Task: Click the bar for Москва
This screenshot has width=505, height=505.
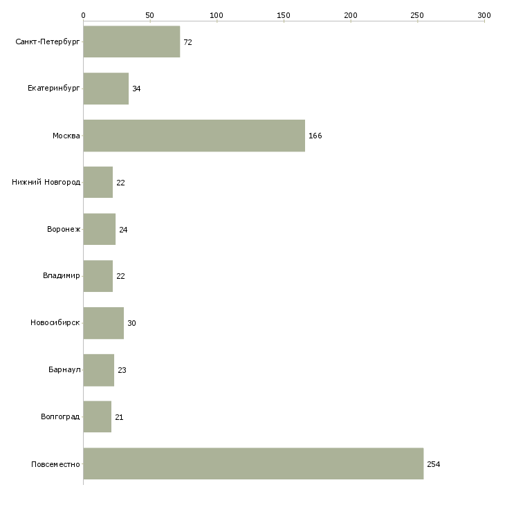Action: [194, 136]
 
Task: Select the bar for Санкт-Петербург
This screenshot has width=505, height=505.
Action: [131, 42]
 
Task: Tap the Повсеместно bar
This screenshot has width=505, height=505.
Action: [253, 463]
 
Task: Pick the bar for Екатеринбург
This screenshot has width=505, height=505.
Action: [106, 89]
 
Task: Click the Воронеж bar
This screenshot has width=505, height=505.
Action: [100, 229]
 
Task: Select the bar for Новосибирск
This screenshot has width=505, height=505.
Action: [104, 323]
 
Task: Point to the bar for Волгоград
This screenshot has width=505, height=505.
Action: [98, 416]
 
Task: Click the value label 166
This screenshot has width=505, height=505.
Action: [315, 136]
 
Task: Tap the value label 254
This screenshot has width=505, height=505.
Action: [434, 464]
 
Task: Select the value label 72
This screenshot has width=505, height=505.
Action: [187, 42]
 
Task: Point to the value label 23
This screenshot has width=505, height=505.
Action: [122, 370]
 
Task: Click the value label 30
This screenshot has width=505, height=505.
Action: [131, 323]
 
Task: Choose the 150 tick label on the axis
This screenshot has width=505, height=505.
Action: [284, 15]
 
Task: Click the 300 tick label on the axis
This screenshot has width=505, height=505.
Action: [484, 15]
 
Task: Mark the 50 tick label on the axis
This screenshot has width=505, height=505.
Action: [149, 15]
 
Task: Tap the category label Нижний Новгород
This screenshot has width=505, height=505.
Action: [46, 183]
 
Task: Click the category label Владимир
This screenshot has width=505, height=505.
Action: [61, 276]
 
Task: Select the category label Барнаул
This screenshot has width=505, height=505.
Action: [64, 369]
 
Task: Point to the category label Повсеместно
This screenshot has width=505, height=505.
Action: [55, 464]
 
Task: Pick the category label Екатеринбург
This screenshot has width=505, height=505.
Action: [53, 89]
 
